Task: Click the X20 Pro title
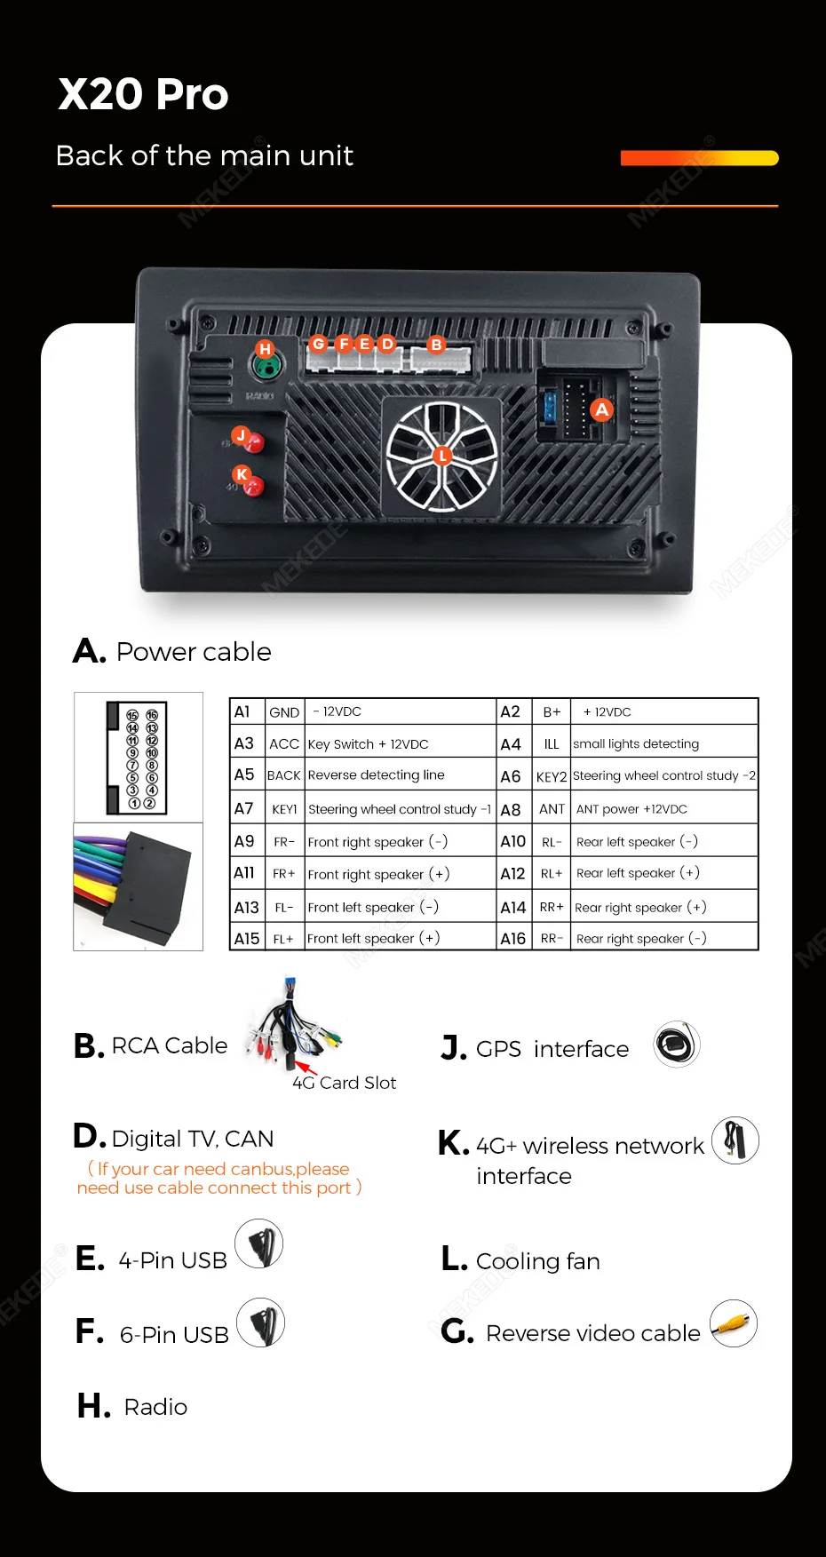pyautogui.click(x=143, y=94)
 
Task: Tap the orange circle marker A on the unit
pyautogui.click(x=602, y=409)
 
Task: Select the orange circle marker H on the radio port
pyautogui.click(x=265, y=349)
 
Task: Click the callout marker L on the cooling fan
pyautogui.click(x=442, y=456)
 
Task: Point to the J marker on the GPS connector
pyautogui.click(x=241, y=435)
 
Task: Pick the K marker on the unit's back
pyautogui.click(x=242, y=474)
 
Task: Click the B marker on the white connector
pyautogui.click(x=436, y=345)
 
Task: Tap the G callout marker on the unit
pyautogui.click(x=319, y=344)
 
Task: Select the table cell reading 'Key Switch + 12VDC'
pyautogui.click(x=369, y=744)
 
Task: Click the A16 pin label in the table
pyautogui.click(x=513, y=939)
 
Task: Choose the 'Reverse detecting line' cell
pyautogui.click(x=377, y=775)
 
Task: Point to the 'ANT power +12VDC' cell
pyautogui.click(x=631, y=809)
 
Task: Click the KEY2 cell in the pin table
pyautogui.click(x=552, y=776)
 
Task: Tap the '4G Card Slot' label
pyautogui.click(x=345, y=1083)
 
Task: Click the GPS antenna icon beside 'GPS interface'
pyautogui.click(x=677, y=1045)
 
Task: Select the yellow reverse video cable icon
pyautogui.click(x=734, y=1323)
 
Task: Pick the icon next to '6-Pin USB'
pyautogui.click(x=261, y=1323)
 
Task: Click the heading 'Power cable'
pyautogui.click(x=194, y=652)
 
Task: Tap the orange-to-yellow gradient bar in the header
pyautogui.click(x=700, y=158)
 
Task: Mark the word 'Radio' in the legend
pyautogui.click(x=155, y=1407)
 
